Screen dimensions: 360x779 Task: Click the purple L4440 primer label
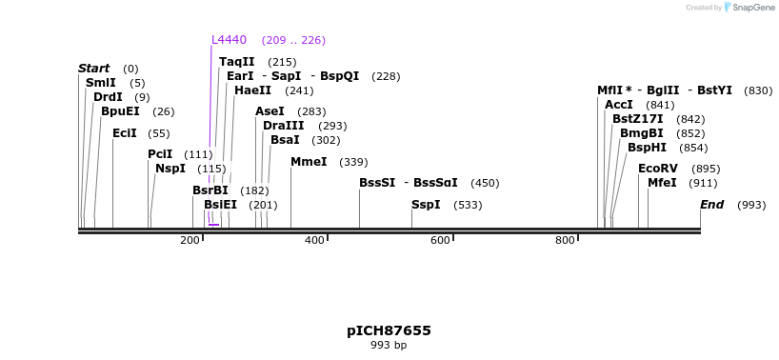pyautogui.click(x=229, y=40)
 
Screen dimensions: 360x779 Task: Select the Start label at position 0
pyautogui.click(x=93, y=69)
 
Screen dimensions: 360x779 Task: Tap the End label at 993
pyautogui.click(x=711, y=205)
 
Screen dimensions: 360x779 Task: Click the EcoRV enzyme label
pyautogui.click(x=657, y=169)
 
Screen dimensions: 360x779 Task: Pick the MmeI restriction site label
pyautogui.click(x=309, y=162)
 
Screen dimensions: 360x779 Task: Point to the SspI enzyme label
pyautogui.click(x=426, y=205)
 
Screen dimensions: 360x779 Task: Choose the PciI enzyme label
pyautogui.click(x=160, y=154)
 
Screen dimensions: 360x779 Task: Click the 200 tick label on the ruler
pyautogui.click(x=190, y=240)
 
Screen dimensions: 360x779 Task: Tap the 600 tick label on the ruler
pyautogui.click(x=440, y=240)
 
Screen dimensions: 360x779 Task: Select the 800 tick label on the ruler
pyautogui.click(x=565, y=240)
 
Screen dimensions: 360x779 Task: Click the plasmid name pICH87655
pyautogui.click(x=389, y=330)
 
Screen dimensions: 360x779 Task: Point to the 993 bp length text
pyautogui.click(x=389, y=346)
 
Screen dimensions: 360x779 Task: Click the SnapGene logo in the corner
pyautogui.click(x=749, y=8)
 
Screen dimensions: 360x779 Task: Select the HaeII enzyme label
pyautogui.click(x=252, y=90)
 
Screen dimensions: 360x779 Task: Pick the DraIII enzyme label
pyautogui.click(x=284, y=126)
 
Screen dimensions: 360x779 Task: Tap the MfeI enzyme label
pyautogui.click(x=662, y=183)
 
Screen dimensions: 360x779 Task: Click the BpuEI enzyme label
pyautogui.click(x=120, y=111)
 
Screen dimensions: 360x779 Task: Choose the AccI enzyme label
pyautogui.click(x=618, y=105)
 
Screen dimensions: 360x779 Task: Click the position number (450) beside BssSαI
pyautogui.click(x=485, y=183)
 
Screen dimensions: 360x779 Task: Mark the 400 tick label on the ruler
pyautogui.click(x=314, y=240)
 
